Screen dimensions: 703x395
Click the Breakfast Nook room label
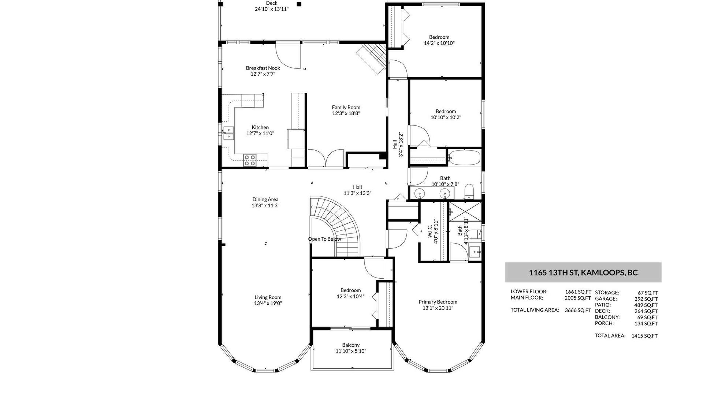pos(263,68)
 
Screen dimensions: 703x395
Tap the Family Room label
pos(346,107)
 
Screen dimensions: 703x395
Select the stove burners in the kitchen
pos(250,160)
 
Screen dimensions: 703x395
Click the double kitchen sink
pos(229,133)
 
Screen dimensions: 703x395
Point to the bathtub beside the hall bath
pos(464,158)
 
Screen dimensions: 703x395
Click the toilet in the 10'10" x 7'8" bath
pos(469,191)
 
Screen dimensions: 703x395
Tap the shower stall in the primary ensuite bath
pos(465,212)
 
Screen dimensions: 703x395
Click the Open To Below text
pos(324,239)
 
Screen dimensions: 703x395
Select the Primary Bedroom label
pos(438,302)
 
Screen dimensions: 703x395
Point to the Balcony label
pos(351,345)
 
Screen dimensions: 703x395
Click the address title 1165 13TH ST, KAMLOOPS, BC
pos(583,272)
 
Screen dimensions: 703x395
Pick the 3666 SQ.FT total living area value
pos(578,310)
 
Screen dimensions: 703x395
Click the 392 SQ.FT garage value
pos(646,299)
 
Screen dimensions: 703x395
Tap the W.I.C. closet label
pos(430,232)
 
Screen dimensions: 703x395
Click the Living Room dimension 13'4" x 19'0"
pos(268,303)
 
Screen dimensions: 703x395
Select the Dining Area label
pos(265,199)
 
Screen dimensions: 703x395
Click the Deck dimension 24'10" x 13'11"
pos(272,9)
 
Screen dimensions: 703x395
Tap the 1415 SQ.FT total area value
pos(644,336)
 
